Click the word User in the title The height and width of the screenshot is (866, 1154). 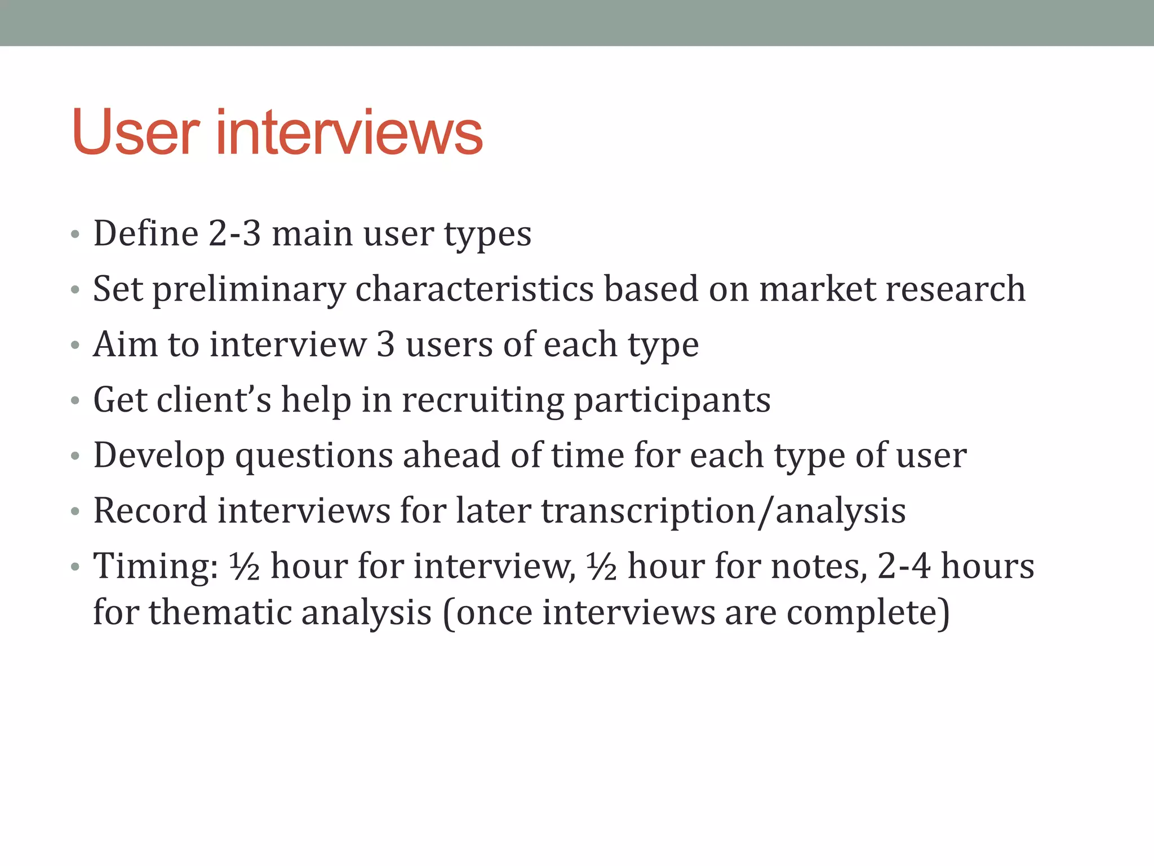click(x=135, y=133)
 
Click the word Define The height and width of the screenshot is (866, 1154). click(x=146, y=233)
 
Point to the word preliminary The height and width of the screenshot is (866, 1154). click(x=248, y=289)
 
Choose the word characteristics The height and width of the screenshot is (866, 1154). click(x=474, y=289)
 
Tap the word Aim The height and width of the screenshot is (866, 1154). click(x=125, y=344)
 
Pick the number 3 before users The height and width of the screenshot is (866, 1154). click(x=385, y=344)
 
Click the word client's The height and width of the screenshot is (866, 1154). click(x=214, y=400)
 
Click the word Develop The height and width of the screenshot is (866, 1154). click(x=159, y=456)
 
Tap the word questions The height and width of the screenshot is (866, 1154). click(x=314, y=456)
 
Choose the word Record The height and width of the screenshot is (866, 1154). click(x=150, y=511)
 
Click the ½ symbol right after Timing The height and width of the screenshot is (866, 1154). click(x=245, y=566)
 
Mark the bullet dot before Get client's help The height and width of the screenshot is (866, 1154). click(x=76, y=401)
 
